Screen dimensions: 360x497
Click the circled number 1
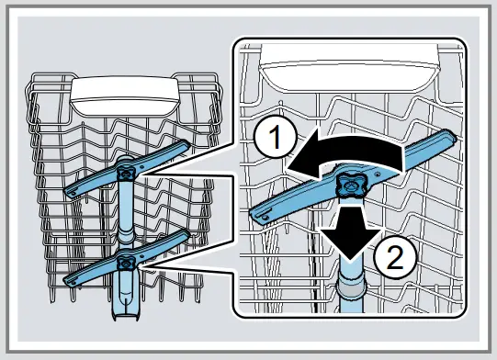[268, 141]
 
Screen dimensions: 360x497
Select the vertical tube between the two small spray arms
[127, 216]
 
